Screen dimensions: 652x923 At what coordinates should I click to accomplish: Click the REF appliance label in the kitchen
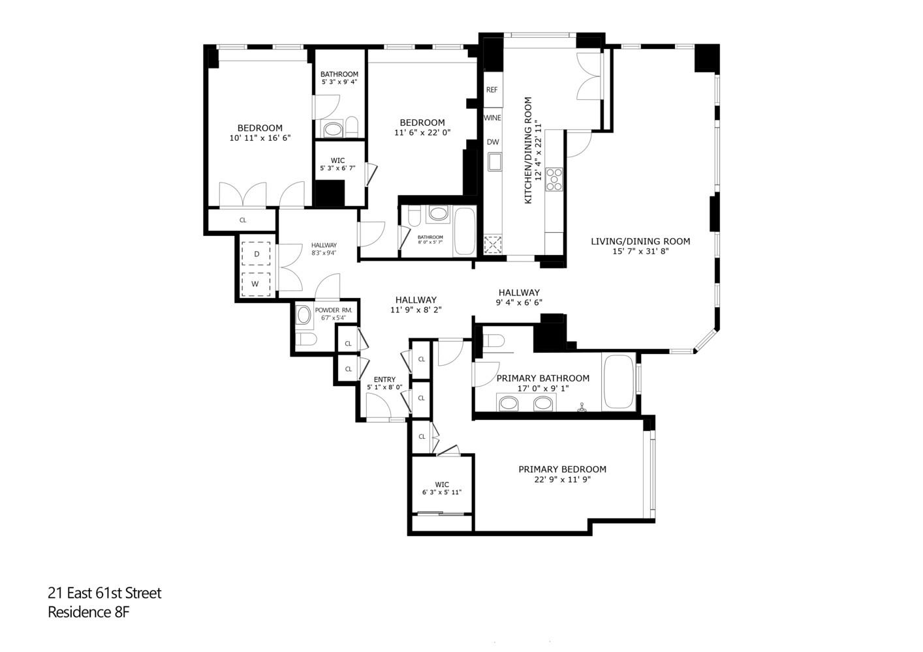click(492, 90)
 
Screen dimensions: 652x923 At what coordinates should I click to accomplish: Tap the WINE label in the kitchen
click(492, 118)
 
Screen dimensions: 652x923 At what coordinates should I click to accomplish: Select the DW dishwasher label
click(492, 142)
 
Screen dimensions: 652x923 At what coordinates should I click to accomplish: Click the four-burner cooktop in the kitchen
click(554, 179)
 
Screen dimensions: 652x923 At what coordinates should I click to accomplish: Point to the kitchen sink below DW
click(495, 161)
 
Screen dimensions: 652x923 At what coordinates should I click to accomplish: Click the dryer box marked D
click(257, 254)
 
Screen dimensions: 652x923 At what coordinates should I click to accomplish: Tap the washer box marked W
click(256, 284)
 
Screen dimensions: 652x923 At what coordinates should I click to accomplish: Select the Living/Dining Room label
click(640, 241)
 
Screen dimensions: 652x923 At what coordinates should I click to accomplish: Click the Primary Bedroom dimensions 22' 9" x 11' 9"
click(562, 480)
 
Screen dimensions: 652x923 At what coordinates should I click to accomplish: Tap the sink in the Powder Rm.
click(304, 316)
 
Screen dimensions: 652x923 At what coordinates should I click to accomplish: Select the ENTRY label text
click(384, 379)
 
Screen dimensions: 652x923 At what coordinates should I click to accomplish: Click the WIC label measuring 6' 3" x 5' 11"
click(442, 484)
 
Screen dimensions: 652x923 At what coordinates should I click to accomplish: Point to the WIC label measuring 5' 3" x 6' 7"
click(337, 160)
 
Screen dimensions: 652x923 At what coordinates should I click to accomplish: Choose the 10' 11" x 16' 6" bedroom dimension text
click(260, 138)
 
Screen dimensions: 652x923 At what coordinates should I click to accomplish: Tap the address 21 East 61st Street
click(104, 593)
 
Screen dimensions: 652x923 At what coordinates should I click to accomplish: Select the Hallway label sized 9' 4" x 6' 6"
click(519, 293)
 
